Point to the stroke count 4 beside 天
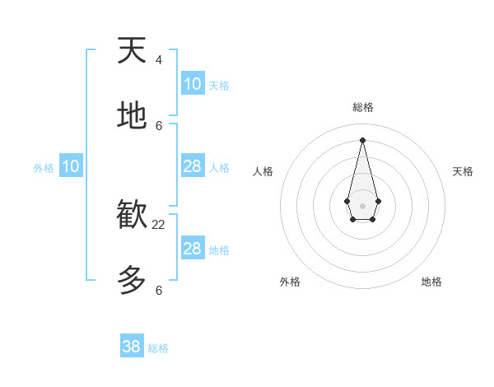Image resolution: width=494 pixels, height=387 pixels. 159,60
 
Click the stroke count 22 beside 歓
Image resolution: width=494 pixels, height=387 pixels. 159,225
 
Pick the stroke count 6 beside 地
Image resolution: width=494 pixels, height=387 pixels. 159,126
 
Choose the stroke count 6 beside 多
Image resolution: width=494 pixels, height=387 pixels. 159,291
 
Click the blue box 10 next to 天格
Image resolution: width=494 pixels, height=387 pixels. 193,84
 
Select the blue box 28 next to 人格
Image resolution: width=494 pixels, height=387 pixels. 193,166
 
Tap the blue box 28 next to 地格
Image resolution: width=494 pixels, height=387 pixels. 193,249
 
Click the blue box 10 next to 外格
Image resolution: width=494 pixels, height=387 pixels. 71,166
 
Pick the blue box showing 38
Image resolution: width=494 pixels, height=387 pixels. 132,347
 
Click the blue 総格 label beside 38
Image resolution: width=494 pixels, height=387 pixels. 158,348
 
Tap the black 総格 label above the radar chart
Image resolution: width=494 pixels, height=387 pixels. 362,107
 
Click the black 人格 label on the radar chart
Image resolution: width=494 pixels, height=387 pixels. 263,171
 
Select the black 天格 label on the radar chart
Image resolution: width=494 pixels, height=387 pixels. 463,171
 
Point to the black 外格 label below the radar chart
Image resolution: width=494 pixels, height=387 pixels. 290,282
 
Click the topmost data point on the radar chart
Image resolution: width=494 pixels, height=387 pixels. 362,139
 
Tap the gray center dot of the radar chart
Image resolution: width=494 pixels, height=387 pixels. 362,205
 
